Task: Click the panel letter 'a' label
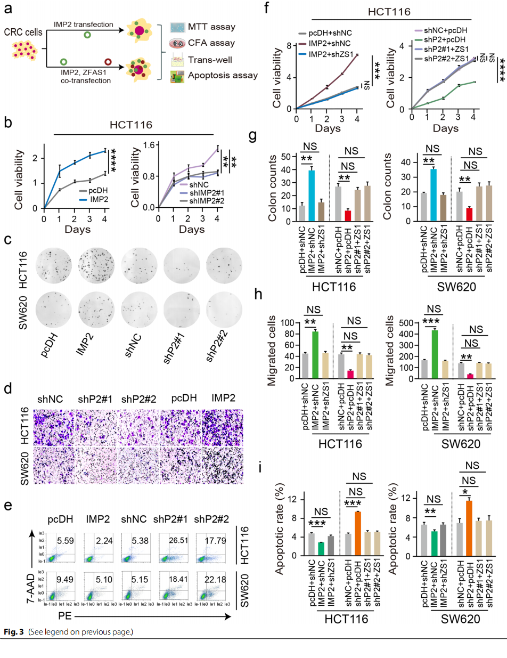tap(8, 10)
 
